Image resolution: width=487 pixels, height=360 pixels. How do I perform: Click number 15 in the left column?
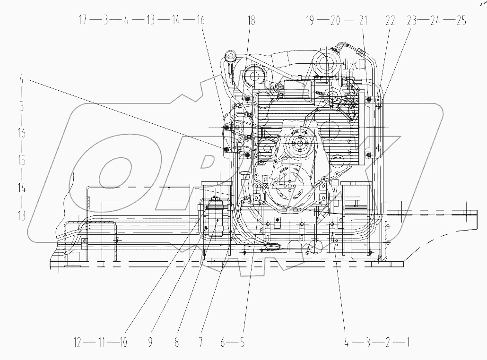21,161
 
